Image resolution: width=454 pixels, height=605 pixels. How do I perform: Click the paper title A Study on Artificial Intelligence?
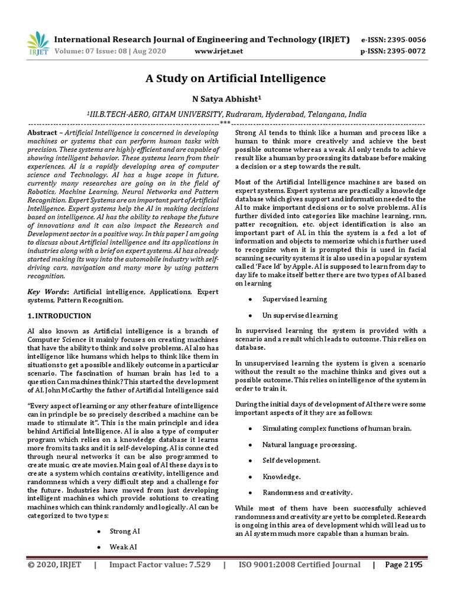(x=235, y=78)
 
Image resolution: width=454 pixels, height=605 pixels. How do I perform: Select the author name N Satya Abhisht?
(x=235, y=99)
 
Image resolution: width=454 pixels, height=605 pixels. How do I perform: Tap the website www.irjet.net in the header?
(x=219, y=51)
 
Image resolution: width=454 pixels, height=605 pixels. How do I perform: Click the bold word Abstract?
(x=43, y=134)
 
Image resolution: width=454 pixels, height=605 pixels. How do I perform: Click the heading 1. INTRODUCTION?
(x=60, y=316)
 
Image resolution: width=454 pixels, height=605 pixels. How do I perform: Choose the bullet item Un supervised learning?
(x=300, y=315)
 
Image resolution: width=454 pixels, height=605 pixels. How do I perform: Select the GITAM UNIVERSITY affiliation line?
(x=235, y=115)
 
